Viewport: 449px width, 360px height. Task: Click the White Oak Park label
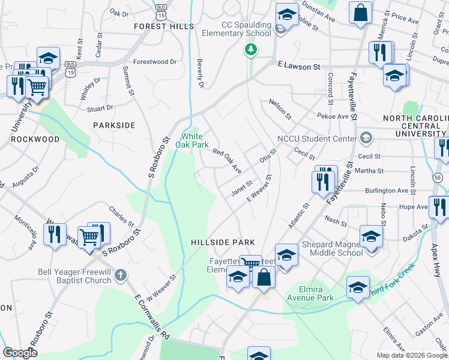coord(191,140)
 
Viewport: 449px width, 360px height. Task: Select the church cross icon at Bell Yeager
coord(121,275)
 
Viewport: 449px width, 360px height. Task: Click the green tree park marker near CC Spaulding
coord(251,50)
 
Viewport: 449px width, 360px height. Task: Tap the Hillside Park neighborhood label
coord(223,242)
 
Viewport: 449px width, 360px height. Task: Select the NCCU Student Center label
coord(318,139)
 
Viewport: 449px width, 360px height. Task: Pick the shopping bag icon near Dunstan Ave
coord(360,13)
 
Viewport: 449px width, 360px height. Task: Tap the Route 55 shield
coord(441,178)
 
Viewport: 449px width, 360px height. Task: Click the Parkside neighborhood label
coord(114,125)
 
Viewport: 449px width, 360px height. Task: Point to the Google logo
coord(20,353)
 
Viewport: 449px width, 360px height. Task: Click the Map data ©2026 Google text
coord(411,355)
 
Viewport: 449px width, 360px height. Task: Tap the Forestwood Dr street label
coord(155,62)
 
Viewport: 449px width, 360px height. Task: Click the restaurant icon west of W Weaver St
coord(55,234)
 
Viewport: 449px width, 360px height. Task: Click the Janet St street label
coord(242,188)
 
